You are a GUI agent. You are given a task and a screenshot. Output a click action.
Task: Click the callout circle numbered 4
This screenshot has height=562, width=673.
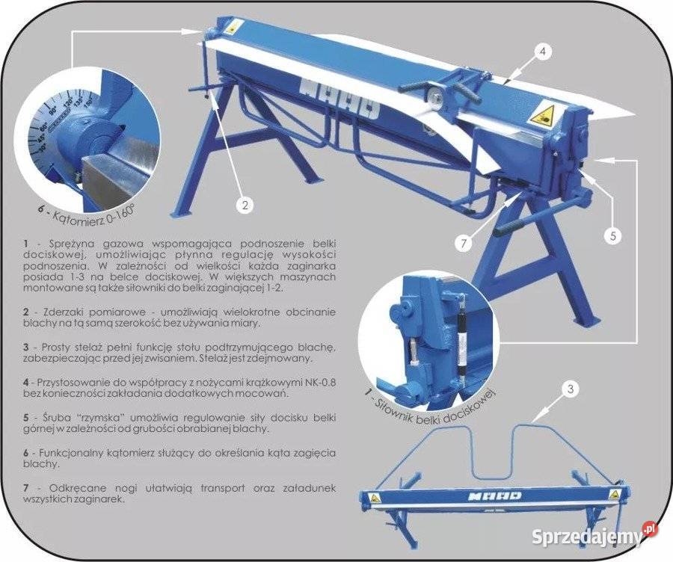543,52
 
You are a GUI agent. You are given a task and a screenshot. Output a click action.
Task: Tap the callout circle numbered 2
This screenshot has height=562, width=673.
245,205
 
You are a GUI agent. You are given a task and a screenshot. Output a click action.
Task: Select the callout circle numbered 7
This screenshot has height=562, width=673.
464,244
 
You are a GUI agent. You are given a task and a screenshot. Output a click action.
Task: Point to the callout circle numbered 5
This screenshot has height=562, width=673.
613,235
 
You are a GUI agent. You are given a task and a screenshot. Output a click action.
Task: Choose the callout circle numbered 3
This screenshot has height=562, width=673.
571,389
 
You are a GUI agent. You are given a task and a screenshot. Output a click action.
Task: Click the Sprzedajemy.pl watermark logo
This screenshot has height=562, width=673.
595,535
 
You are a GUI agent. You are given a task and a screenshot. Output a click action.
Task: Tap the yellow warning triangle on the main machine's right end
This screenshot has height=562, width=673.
542,115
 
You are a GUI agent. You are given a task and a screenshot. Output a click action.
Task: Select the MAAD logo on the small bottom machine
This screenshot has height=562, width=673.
494,496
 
